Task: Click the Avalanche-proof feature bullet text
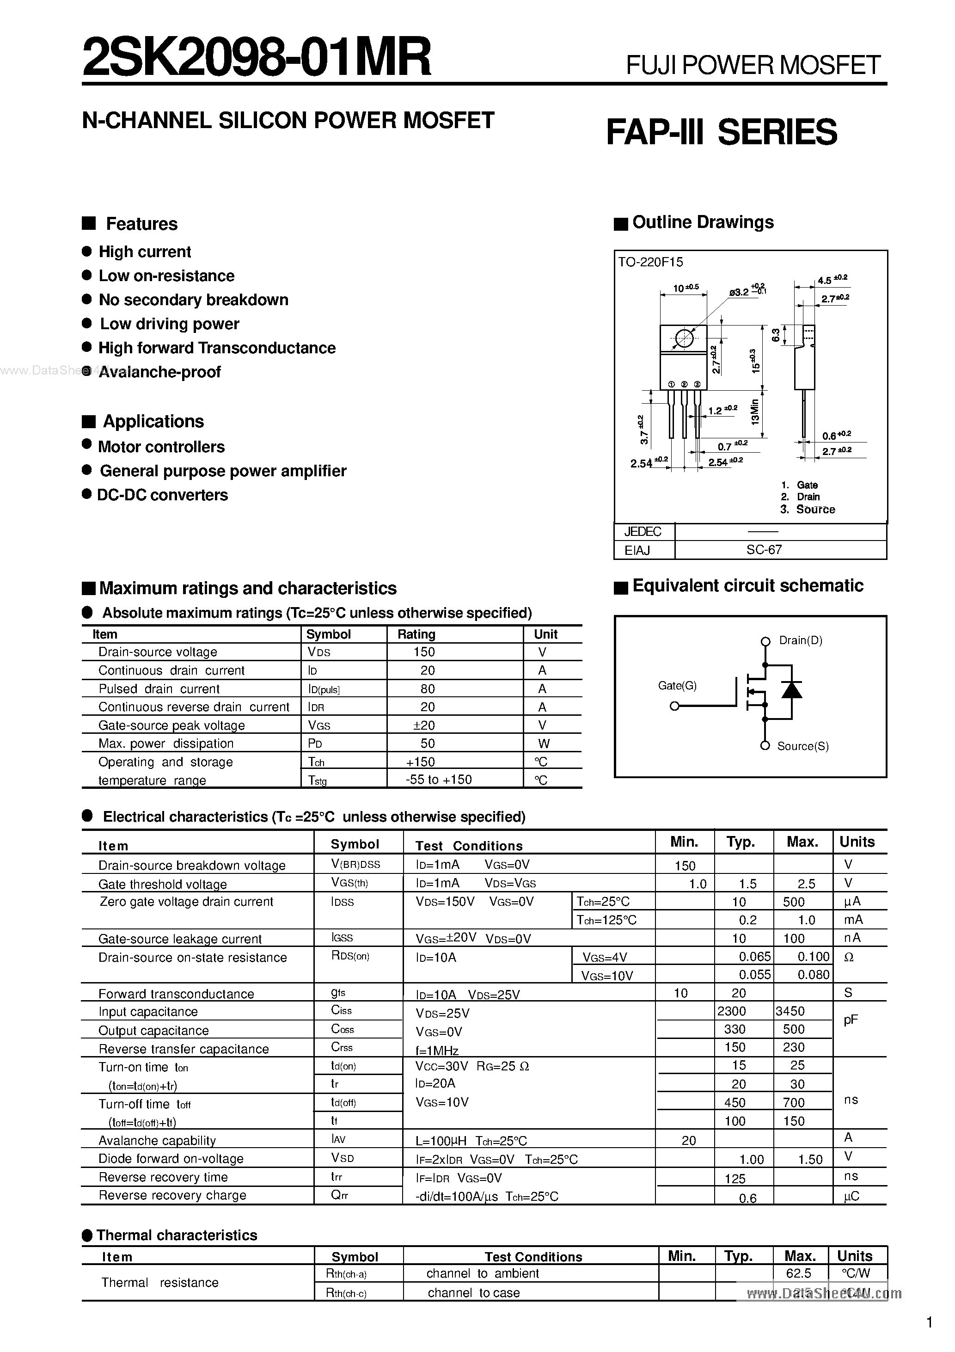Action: (159, 372)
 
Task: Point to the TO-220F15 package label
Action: (650, 263)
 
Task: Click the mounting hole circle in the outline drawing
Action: (684, 338)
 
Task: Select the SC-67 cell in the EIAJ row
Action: (764, 550)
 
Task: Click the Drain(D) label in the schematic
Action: (800, 640)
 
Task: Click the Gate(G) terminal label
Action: (677, 685)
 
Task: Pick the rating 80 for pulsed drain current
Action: (428, 689)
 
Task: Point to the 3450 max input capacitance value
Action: (790, 1011)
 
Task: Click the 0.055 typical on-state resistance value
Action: (754, 975)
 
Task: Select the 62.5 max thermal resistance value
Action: (798, 1273)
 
